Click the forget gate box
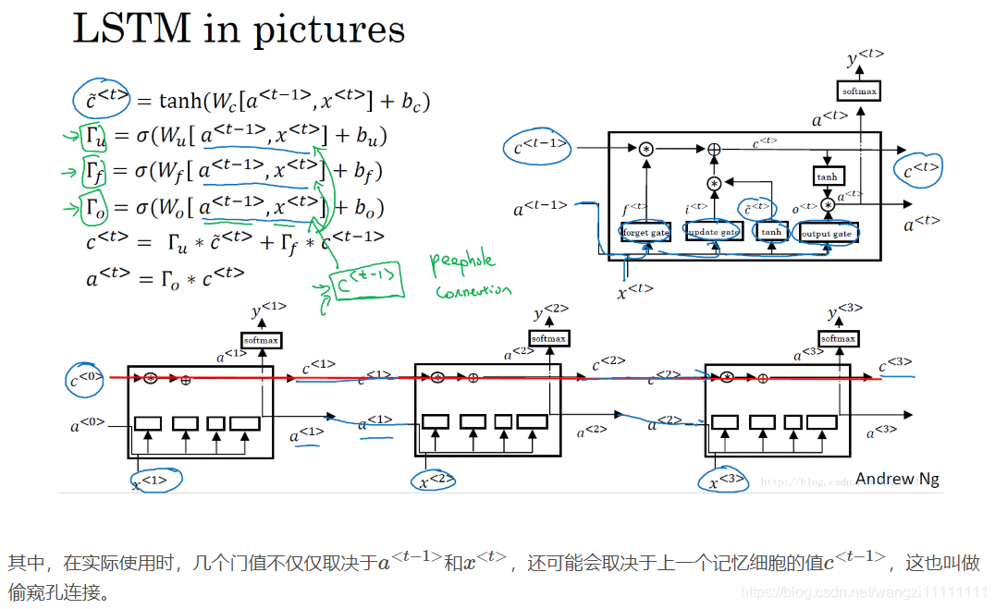click(645, 233)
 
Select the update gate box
click(714, 233)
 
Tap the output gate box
click(828, 233)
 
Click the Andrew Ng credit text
click(897, 478)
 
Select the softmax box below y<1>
click(262, 340)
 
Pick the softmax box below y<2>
click(549, 338)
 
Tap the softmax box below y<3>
click(839, 338)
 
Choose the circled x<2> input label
click(437, 481)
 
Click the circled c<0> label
click(85, 378)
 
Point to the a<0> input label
click(88, 426)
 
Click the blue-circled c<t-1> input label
click(542, 147)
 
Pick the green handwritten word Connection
click(473, 290)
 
